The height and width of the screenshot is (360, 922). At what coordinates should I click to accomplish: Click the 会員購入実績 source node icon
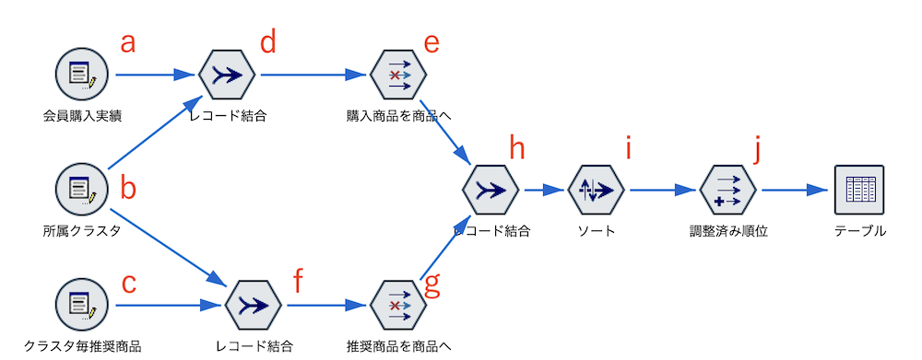point(82,75)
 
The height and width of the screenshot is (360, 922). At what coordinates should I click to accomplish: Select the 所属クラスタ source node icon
point(82,190)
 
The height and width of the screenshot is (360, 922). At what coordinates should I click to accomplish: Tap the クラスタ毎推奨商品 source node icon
point(82,305)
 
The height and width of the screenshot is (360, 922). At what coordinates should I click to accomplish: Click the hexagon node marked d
point(227,75)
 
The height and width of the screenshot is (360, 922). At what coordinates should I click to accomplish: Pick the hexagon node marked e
point(397,75)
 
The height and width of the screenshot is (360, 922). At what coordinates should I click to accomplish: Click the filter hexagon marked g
point(397,305)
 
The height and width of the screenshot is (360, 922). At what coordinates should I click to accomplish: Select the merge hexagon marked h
point(491,190)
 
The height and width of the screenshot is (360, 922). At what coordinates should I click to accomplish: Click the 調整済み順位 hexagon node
point(728,190)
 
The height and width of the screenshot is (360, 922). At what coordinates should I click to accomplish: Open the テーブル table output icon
point(858,190)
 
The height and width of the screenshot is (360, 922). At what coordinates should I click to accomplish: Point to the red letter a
point(130,41)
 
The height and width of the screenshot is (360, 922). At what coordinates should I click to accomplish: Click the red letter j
point(756,149)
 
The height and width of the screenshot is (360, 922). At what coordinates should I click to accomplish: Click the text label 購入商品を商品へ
point(397,116)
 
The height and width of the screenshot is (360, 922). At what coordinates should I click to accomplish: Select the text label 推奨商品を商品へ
point(397,346)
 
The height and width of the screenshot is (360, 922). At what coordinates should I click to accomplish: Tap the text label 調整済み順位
point(728,231)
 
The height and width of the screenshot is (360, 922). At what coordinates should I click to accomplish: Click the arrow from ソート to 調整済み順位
point(661,190)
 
